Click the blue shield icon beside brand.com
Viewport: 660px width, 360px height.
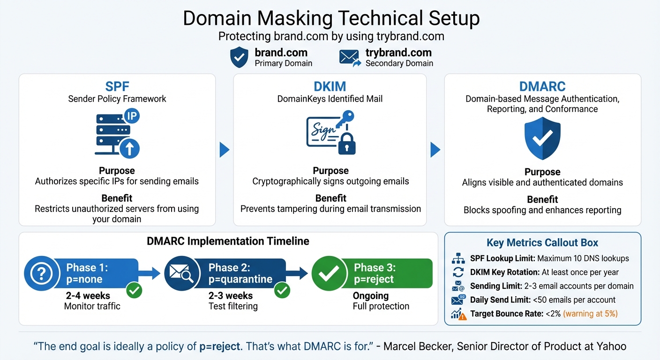239,57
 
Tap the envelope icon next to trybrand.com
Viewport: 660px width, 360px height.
350,57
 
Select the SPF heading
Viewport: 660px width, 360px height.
117,86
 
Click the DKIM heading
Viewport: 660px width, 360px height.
330,86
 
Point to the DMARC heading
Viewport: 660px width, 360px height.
542,87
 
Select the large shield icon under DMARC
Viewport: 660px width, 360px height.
542,138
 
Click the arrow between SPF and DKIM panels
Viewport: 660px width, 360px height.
225,150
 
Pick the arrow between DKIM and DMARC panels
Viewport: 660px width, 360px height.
435,150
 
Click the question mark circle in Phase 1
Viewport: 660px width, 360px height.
42,274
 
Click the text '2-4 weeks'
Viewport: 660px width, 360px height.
88,296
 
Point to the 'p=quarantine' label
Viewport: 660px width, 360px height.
240,279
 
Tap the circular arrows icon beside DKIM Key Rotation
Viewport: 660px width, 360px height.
457,272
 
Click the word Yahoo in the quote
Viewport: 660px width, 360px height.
611,346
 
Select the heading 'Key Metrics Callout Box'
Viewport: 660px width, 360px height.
542,243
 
